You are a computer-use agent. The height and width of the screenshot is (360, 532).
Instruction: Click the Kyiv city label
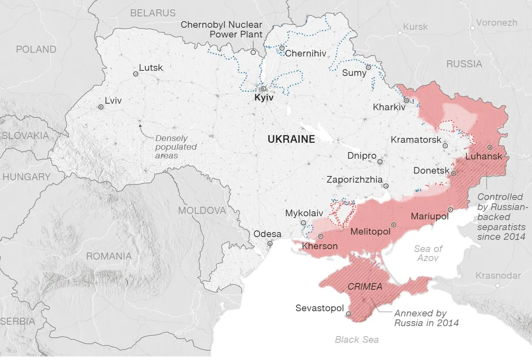point(263,98)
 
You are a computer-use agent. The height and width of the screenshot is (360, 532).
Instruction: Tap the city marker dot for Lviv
point(101,107)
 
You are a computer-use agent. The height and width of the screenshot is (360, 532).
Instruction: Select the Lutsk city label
point(151,68)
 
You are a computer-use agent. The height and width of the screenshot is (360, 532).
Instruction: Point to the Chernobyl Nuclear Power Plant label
point(221,29)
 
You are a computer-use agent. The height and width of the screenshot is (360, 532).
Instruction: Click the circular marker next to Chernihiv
point(281,48)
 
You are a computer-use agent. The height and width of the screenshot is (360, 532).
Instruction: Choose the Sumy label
point(354,73)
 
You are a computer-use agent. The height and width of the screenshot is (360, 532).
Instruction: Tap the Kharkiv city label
point(389,107)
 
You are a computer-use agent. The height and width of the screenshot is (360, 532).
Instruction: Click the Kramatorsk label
point(416,140)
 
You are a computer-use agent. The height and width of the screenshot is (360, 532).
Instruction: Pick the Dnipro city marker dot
point(380,162)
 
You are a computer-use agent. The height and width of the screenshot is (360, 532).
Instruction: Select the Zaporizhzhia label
point(354,179)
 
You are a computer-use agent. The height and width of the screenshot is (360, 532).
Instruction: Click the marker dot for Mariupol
point(451,210)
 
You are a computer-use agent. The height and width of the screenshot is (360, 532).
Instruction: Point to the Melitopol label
point(370,231)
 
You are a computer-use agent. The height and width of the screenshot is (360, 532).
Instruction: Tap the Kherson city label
point(319,246)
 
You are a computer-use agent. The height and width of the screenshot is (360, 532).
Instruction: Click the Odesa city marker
point(270,244)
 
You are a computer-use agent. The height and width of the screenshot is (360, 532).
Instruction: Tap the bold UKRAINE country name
point(291,139)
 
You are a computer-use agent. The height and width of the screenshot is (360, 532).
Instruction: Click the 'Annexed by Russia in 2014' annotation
point(426,317)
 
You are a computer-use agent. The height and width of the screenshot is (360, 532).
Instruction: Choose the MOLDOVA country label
point(202,210)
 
